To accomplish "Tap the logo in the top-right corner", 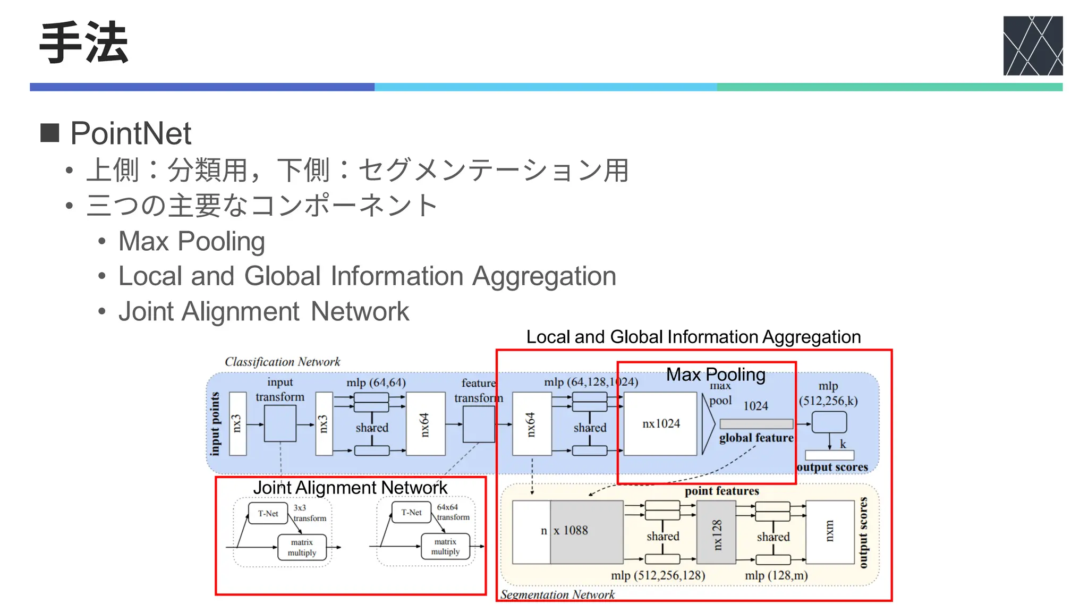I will coord(1032,46).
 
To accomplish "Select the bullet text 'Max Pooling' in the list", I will coord(191,241).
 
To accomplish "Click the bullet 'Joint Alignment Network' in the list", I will coord(263,311).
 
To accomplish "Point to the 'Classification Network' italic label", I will coord(282,362).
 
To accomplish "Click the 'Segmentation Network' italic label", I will coord(557,594).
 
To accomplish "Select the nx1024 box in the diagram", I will coord(660,423).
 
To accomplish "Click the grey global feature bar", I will coord(756,423).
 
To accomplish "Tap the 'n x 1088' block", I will coord(567,531).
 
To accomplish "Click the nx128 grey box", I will coord(716,532).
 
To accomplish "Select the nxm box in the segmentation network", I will coord(829,532).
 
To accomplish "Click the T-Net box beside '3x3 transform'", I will coord(268,513).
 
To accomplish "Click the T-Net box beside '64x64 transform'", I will coord(411,512).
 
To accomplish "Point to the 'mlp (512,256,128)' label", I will coord(658,575).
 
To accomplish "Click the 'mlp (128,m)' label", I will coord(776,575).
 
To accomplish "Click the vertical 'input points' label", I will coord(215,423).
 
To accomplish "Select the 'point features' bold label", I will coord(721,491).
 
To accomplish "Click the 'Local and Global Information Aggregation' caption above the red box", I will coord(693,337).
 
